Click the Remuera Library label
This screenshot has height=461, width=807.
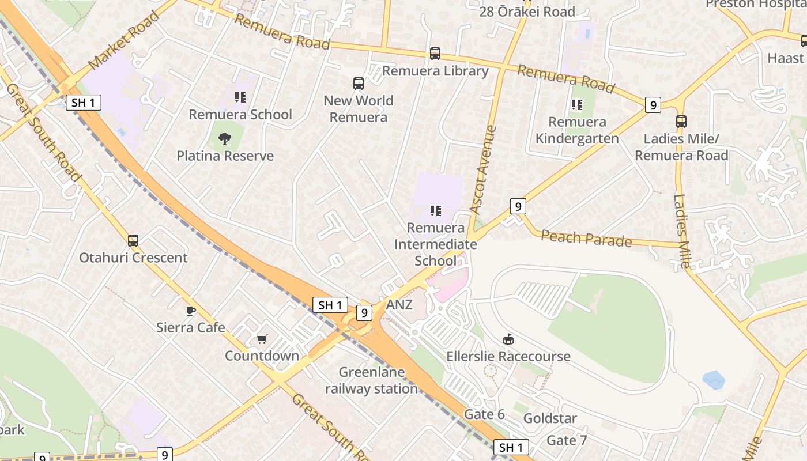pyautogui.click(x=435, y=71)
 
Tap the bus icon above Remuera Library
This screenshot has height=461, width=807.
pyautogui.click(x=435, y=54)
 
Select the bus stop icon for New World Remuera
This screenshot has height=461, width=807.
pyautogui.click(x=359, y=84)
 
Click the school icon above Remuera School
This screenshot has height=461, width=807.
pyautogui.click(x=240, y=97)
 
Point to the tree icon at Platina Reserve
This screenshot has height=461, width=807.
pyautogui.click(x=225, y=138)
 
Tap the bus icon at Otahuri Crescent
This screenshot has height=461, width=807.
pyautogui.click(x=133, y=240)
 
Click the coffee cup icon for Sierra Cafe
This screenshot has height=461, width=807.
pyautogui.click(x=191, y=311)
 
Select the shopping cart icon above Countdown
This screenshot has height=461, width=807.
pyautogui.click(x=262, y=339)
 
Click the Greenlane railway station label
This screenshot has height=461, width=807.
pyautogui.click(x=371, y=380)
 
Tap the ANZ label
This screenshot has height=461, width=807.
pyautogui.click(x=399, y=304)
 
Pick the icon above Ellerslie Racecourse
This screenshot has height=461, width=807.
pyautogui.click(x=508, y=339)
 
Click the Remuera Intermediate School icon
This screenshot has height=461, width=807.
pyautogui.click(x=436, y=211)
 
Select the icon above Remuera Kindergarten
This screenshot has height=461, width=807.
pyautogui.click(x=576, y=105)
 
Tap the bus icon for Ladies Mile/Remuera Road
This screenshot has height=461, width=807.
pyautogui.click(x=681, y=122)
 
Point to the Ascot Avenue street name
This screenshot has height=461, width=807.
pyautogui.click(x=482, y=170)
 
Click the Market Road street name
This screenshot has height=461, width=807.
pyautogui.click(x=123, y=39)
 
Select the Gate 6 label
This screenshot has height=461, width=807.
pyautogui.click(x=484, y=414)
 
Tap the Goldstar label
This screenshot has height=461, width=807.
pyautogui.click(x=550, y=418)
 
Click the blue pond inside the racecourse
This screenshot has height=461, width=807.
pyautogui.click(x=713, y=380)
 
